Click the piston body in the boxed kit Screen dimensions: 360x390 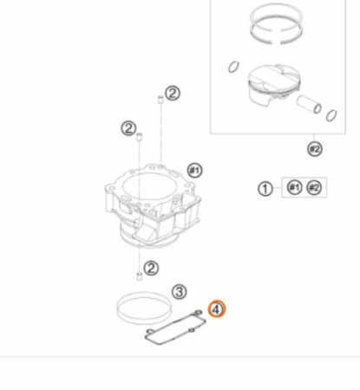[x=273, y=87]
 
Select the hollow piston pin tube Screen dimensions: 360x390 [x=309, y=104]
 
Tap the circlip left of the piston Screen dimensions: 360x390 [x=233, y=67]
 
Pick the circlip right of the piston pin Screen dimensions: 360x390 [x=331, y=116]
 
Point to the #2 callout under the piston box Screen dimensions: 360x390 [x=314, y=149]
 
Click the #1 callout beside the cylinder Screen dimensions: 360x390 [x=194, y=171]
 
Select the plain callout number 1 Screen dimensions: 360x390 [x=265, y=189]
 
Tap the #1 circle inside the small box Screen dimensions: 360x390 [x=294, y=187]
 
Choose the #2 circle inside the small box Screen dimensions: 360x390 [x=314, y=188]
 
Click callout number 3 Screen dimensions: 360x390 [x=180, y=291]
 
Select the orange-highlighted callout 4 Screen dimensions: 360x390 [x=217, y=309]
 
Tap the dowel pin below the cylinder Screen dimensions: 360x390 [x=140, y=276]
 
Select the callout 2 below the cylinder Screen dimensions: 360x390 [x=151, y=269]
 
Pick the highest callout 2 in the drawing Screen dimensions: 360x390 [x=173, y=94]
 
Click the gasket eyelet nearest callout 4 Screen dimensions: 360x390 [x=198, y=313]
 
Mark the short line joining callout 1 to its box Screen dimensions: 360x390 [x=277, y=188]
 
